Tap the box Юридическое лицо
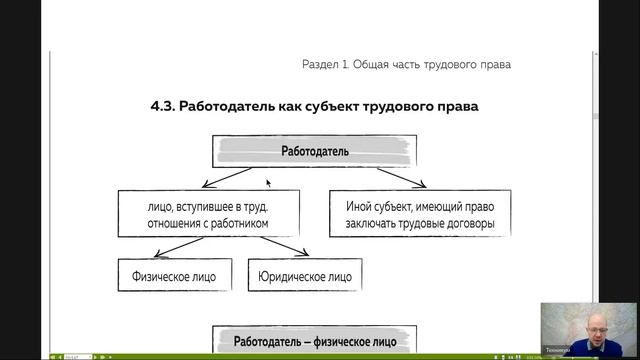(x=304, y=274)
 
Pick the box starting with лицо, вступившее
(x=208, y=214)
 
